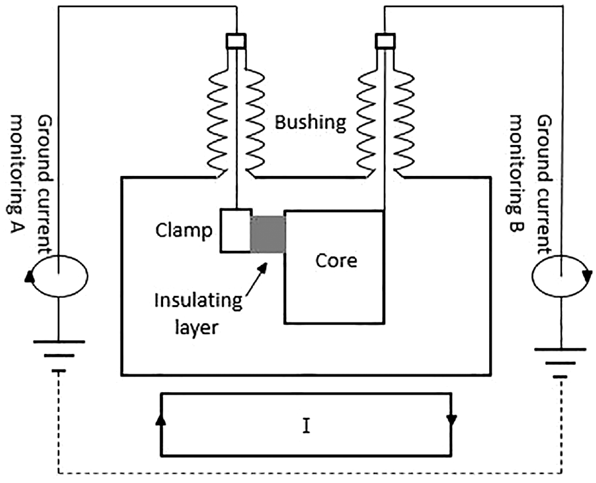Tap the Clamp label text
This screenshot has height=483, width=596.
click(184, 230)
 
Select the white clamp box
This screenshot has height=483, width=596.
click(236, 230)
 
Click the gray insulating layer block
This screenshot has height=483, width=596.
click(267, 234)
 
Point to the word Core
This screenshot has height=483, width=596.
click(336, 261)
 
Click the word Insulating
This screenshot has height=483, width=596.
click(198, 301)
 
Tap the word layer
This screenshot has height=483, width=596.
click(197, 328)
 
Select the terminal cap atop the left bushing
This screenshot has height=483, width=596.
click(236, 41)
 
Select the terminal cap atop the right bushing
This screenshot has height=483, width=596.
click(385, 41)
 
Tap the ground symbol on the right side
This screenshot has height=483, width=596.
click(561, 362)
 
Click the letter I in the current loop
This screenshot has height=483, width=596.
click(306, 426)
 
